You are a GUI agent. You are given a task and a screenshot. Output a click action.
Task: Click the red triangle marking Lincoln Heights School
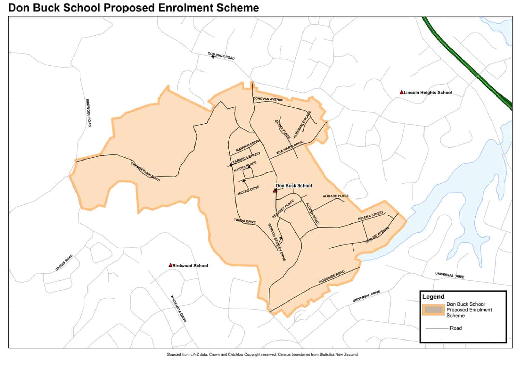point(401,92)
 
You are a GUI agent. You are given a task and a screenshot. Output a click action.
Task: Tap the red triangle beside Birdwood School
point(170,265)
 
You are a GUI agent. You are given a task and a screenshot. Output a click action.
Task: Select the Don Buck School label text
point(294,186)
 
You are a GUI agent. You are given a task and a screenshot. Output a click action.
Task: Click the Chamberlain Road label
point(145,172)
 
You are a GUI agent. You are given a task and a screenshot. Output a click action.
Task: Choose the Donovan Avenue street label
point(268,99)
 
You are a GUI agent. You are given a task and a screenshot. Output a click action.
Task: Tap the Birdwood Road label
point(89,113)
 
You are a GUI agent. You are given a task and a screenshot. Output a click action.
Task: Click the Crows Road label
point(64,263)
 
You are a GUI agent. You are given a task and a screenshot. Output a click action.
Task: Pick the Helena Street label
point(371,216)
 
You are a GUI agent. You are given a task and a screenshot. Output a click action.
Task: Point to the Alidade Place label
point(336,196)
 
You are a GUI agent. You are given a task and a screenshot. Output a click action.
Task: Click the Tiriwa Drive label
point(245,221)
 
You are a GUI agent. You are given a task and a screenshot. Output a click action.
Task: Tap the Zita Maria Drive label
point(290,148)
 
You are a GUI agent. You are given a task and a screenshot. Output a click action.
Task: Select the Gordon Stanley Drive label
point(277,242)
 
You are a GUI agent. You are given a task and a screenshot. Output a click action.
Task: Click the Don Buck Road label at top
point(221,56)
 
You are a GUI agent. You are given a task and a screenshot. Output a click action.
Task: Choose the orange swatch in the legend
point(433,310)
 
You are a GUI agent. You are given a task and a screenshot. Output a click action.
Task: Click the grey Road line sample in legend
point(436,328)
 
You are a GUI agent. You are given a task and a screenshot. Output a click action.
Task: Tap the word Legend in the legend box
point(433,297)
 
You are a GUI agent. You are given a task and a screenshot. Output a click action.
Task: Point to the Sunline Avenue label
point(377,235)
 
